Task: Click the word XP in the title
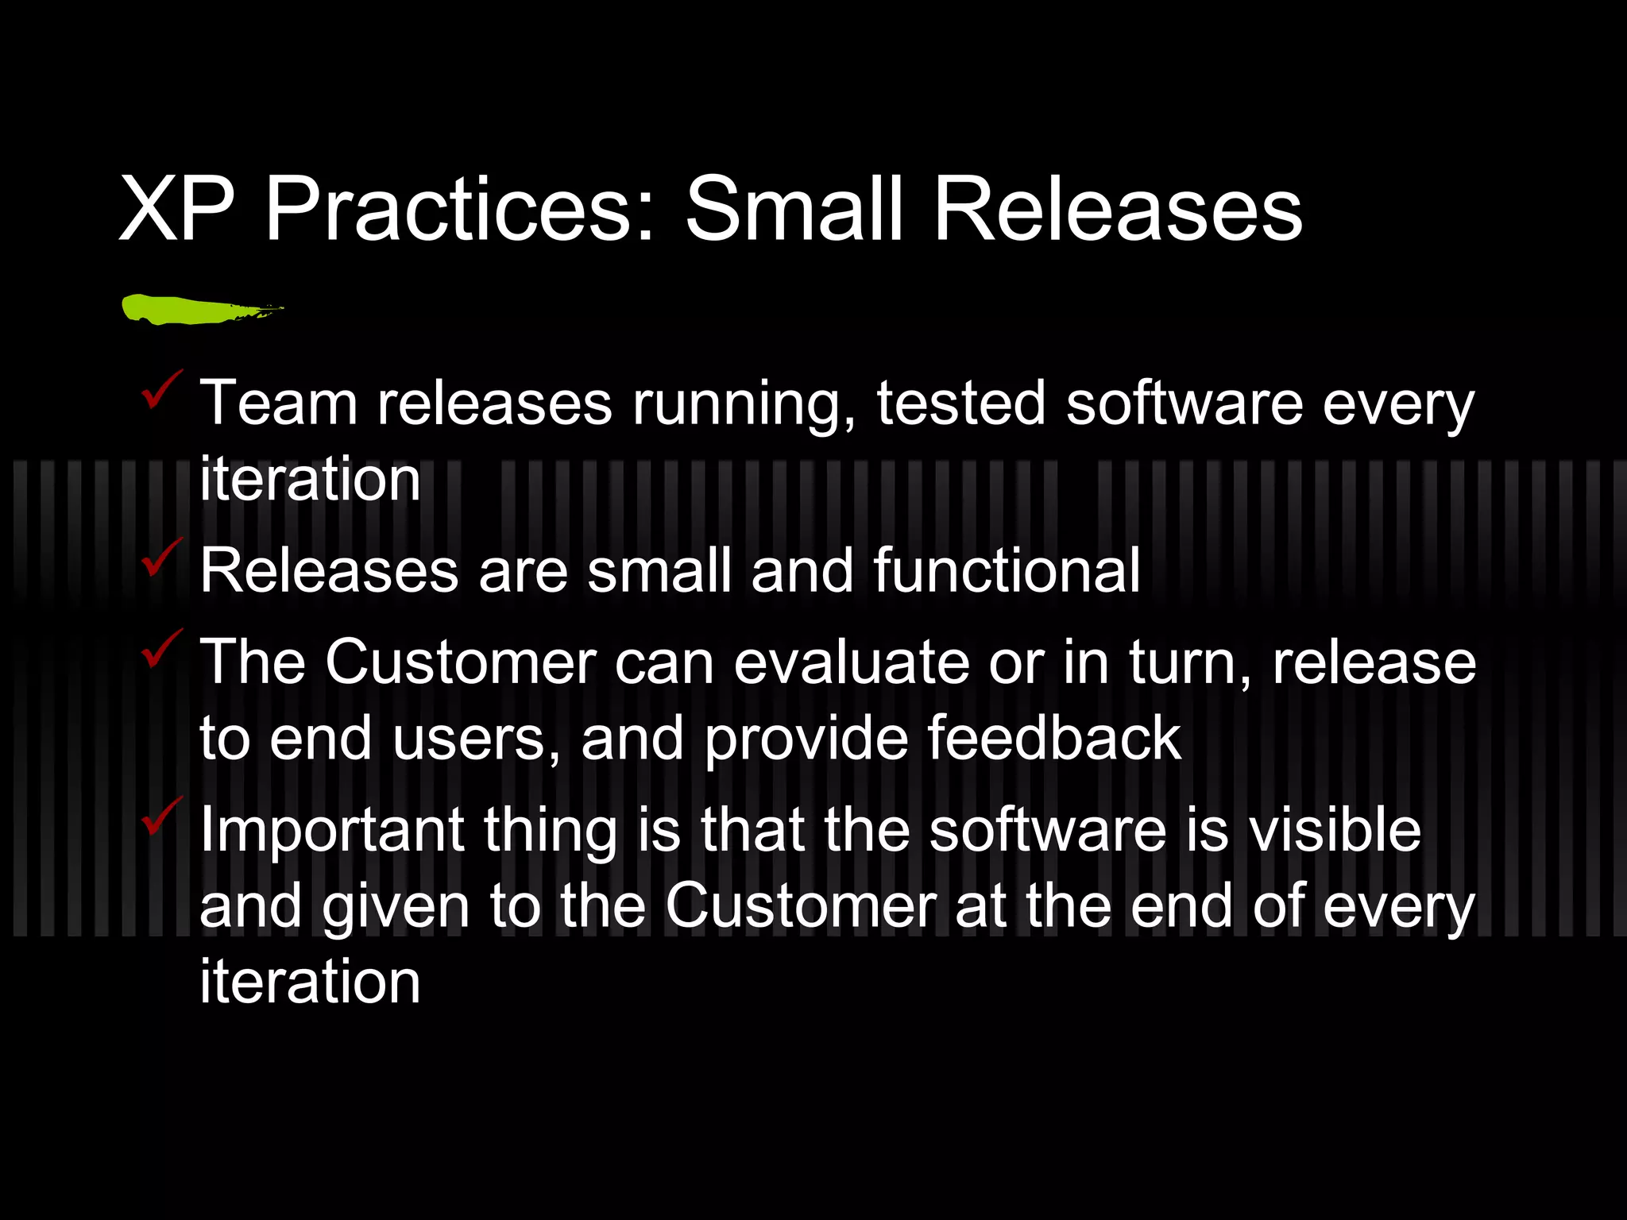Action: click(176, 210)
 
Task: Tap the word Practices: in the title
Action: click(459, 210)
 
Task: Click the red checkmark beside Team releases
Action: click(161, 389)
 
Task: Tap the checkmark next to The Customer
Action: click(161, 648)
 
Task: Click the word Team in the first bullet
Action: click(278, 403)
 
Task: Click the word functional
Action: click(1007, 571)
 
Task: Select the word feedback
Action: click(1054, 739)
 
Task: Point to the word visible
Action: click(1335, 830)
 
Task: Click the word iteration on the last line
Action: click(310, 983)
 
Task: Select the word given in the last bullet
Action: click(396, 908)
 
